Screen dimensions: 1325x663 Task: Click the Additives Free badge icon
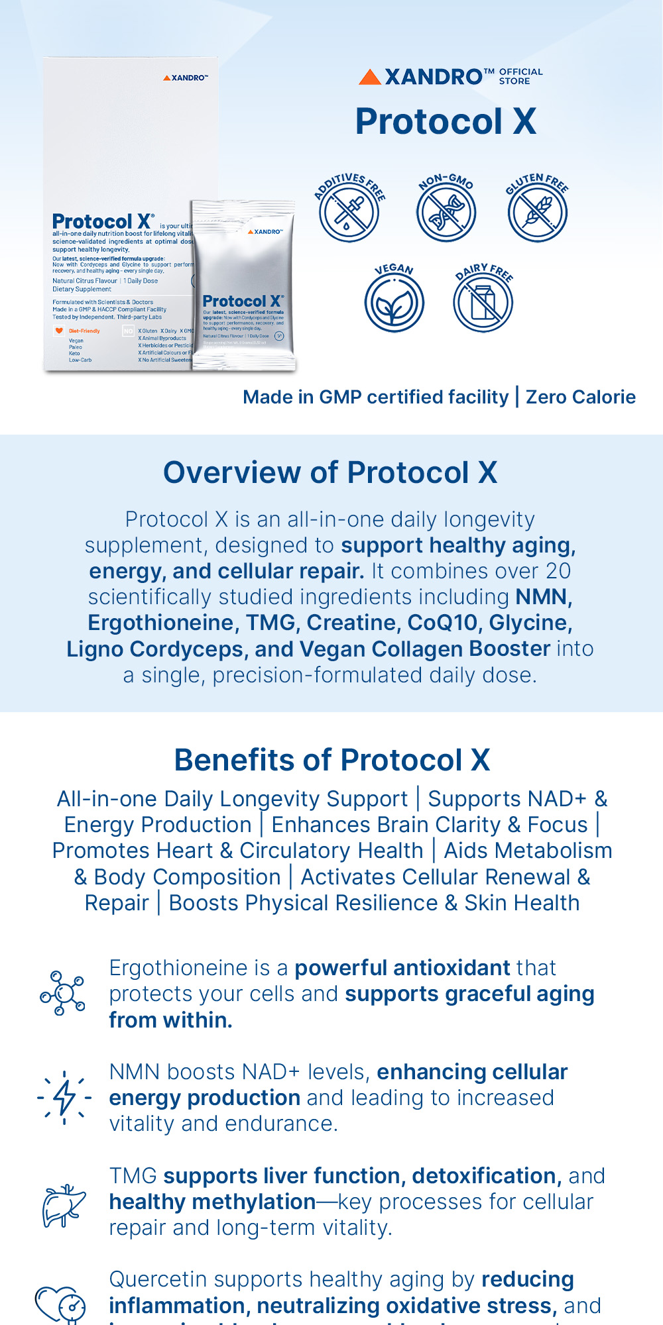[349, 212]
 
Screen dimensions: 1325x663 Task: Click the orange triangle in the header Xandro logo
[369, 78]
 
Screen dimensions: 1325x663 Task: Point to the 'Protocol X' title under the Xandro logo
[446, 122]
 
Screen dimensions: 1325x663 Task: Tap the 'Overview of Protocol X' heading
[330, 473]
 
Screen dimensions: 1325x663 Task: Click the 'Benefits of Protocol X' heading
[331, 760]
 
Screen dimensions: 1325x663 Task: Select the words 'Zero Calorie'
[580, 397]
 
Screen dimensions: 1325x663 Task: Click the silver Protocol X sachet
[243, 285]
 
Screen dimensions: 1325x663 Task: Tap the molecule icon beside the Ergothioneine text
[63, 993]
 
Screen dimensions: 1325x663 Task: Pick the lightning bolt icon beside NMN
[64, 1098]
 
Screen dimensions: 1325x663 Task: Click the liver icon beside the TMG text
[64, 1204]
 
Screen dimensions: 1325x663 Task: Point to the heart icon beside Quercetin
[60, 1304]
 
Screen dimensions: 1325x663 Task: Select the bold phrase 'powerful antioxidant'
[402, 968]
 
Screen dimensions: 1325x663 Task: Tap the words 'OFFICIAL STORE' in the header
[520, 76]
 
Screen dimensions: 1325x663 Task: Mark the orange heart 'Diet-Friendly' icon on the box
[59, 331]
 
